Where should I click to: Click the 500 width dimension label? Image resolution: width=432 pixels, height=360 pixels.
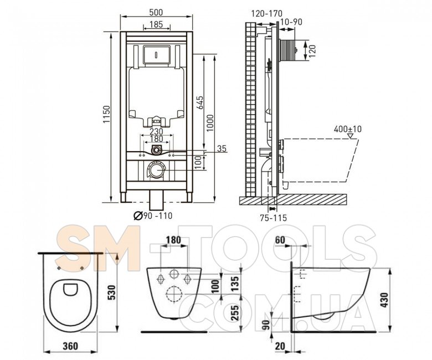pos(156,12)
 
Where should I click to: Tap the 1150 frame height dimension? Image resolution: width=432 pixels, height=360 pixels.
pos(107,114)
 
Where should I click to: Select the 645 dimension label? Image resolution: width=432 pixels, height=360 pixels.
pos(200,102)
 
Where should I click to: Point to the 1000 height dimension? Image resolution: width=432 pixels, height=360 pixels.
pos(210,123)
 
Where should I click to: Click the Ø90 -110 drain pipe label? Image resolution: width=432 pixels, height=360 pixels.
pos(153,215)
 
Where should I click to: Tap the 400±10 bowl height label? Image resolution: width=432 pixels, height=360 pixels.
pos(348,129)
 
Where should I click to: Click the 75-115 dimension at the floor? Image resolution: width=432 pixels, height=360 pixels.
pos(273,218)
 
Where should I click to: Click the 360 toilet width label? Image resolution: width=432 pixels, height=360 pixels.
pos(70,346)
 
